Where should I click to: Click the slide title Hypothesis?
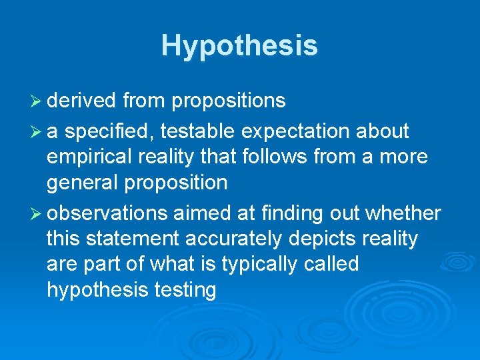pos(239,45)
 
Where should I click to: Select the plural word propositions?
pos(229,101)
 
